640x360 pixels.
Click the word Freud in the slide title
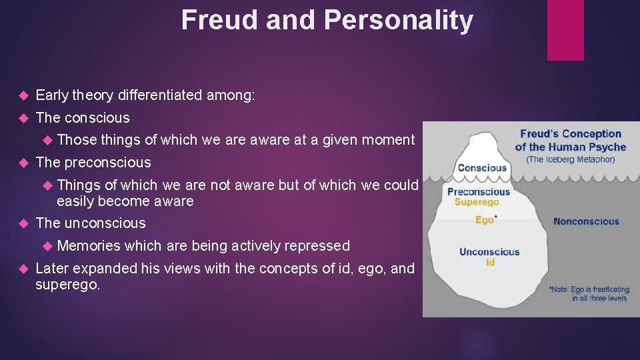tap(220, 21)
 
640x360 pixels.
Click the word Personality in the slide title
tap(399, 21)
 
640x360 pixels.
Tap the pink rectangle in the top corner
tap(565, 29)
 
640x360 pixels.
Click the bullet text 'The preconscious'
tap(93, 163)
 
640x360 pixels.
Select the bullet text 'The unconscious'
tap(91, 223)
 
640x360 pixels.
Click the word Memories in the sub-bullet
tap(89, 246)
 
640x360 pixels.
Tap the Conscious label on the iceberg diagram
tap(481, 168)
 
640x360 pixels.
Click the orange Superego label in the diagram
tap(476, 202)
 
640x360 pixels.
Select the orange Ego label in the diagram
tap(485, 220)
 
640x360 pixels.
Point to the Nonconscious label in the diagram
tap(585, 221)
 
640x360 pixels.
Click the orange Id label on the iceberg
tap(490, 263)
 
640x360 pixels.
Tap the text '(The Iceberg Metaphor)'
tap(570, 159)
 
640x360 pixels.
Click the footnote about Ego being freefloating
tap(588, 294)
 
